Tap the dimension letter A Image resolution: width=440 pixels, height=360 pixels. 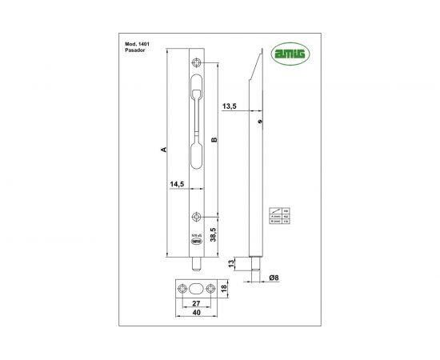tap(162, 150)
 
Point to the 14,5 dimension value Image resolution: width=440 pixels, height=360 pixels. tap(178, 185)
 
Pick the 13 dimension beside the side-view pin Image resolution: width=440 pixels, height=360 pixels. tap(231, 264)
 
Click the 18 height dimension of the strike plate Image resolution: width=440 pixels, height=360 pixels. tap(226, 288)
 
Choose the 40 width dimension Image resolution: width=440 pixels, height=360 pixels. tap(193, 314)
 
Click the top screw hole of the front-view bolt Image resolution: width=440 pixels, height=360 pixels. tap(197, 65)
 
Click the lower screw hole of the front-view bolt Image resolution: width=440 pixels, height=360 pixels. tap(197, 216)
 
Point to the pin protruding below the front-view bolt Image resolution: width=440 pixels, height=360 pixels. tap(197, 262)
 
